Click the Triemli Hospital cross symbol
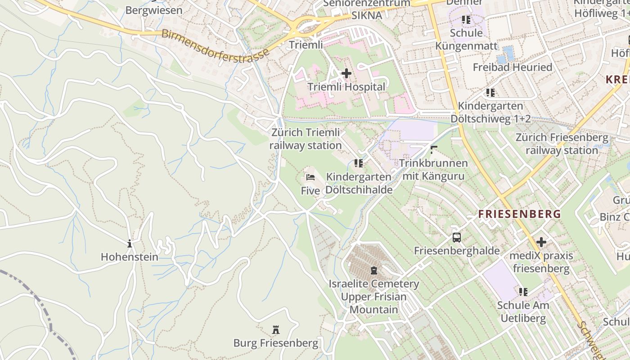point(346,73)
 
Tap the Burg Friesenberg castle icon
point(276,330)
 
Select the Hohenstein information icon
point(130,244)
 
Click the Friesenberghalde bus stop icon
point(457,238)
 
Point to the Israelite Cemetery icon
point(373,270)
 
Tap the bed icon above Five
point(310,177)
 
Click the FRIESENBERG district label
point(520,214)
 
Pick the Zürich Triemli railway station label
point(306,139)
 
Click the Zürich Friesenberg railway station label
point(562,144)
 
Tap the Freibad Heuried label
point(512,67)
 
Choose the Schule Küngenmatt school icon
point(466,20)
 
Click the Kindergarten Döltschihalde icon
point(359,163)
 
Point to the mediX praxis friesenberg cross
point(541,242)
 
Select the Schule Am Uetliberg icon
point(523,292)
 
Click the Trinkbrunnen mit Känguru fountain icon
point(434,149)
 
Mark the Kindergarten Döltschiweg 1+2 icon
point(490,93)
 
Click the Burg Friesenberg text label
point(275,343)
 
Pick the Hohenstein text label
point(130,257)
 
